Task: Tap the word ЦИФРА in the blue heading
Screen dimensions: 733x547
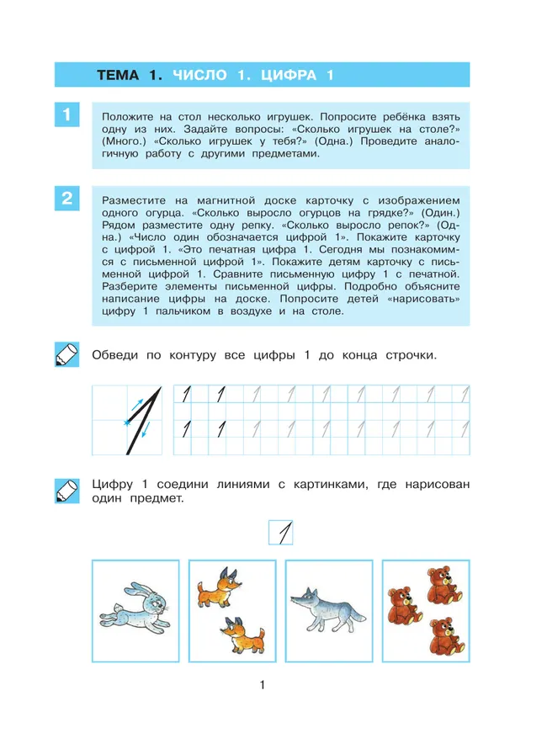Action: pos(286,76)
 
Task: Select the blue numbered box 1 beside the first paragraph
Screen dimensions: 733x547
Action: pos(66,114)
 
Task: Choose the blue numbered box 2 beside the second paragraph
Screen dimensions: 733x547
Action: pos(66,199)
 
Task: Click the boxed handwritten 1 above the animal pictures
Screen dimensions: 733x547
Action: pos(280,534)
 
